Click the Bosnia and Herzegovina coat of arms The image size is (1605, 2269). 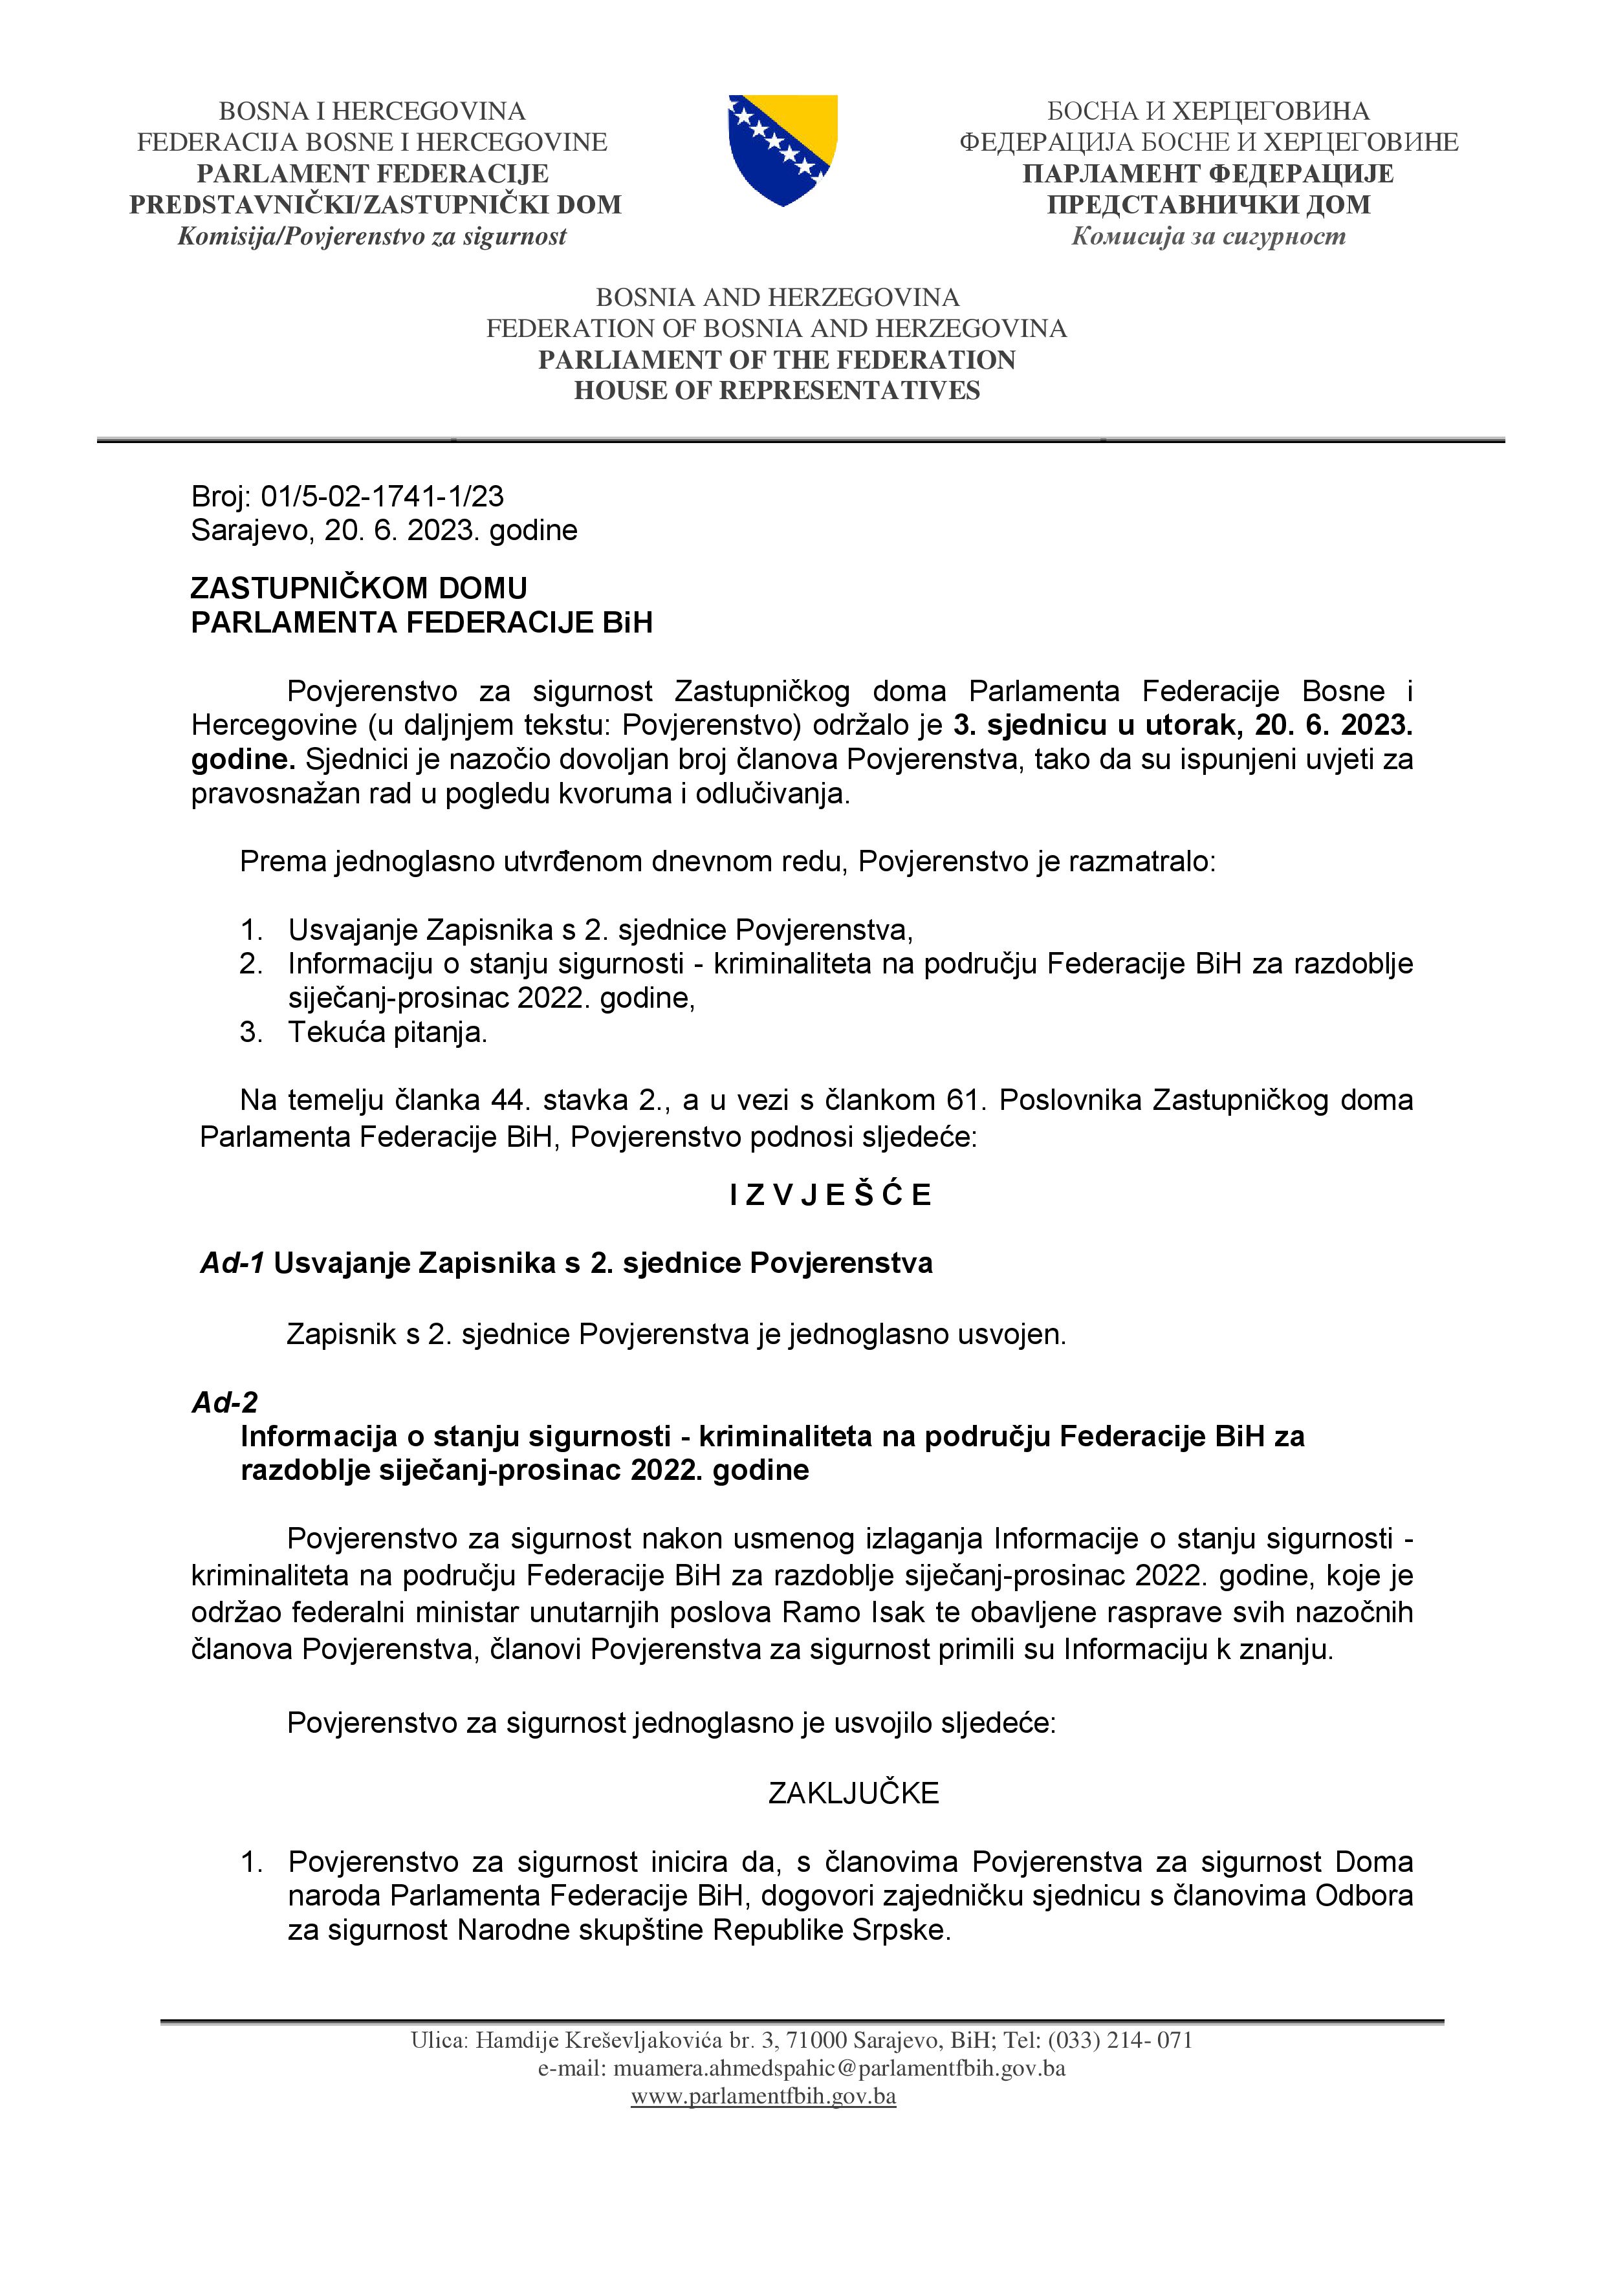coord(783,149)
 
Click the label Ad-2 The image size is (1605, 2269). coord(224,1402)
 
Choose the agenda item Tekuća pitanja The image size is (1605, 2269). coord(388,1033)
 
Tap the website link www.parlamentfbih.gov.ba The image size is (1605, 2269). coord(763,2096)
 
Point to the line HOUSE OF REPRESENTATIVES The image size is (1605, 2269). coord(777,391)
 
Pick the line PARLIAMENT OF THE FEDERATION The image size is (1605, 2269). coord(777,360)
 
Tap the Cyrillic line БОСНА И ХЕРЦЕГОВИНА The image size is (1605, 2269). coord(1208,111)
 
